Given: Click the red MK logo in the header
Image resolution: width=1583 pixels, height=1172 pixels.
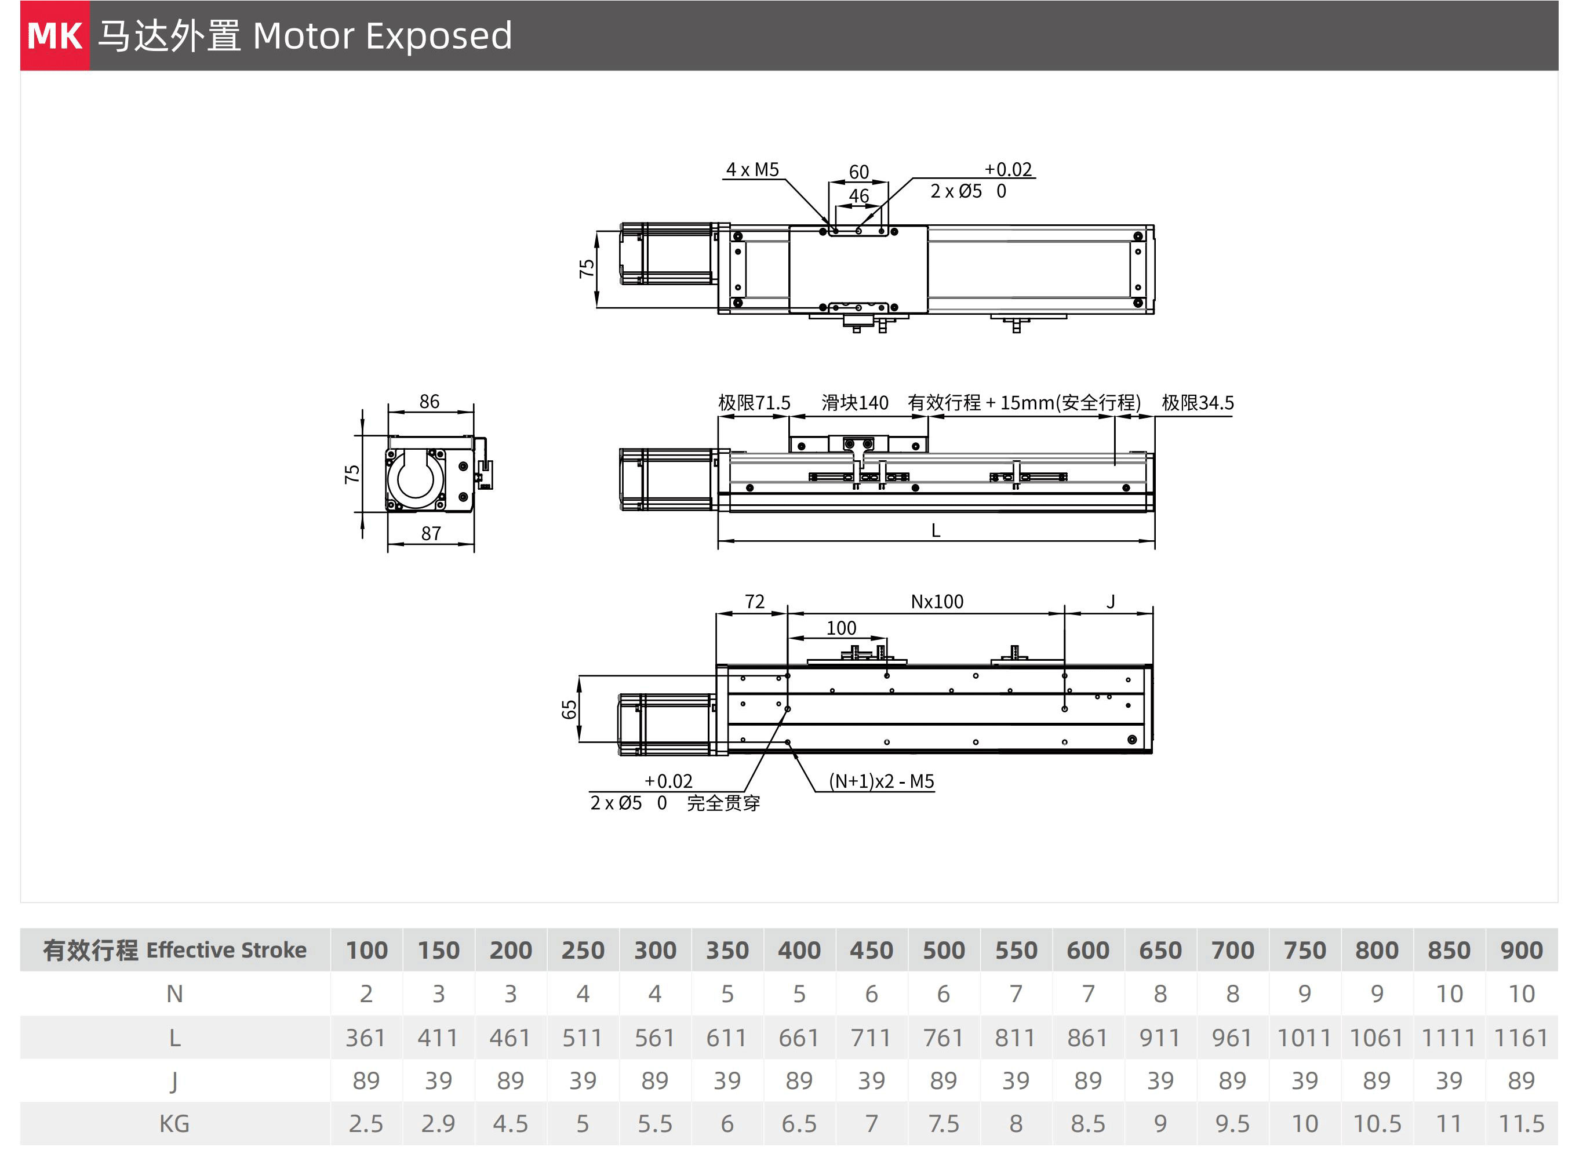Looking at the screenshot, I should click(54, 35).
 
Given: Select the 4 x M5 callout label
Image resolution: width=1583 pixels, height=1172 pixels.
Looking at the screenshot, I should click(752, 170).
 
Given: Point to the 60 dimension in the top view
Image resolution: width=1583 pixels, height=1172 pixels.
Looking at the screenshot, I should click(858, 172).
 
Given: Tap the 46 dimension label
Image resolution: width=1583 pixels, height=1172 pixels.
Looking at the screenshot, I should click(858, 196).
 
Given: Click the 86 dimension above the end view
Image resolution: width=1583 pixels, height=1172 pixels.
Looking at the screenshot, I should click(430, 402).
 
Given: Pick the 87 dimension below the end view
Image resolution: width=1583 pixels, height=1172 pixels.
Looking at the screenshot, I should click(431, 533).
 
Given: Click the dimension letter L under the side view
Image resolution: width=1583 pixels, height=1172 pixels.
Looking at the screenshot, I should click(935, 531).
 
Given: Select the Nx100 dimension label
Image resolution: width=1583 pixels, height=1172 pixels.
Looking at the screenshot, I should click(937, 602).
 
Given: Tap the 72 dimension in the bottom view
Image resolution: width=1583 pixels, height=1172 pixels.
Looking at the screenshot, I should click(754, 602).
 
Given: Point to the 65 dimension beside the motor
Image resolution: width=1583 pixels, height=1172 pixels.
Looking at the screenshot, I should click(569, 709).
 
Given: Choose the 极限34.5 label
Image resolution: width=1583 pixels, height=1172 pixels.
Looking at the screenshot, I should click(1197, 403).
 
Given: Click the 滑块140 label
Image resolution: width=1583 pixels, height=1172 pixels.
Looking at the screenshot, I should click(854, 403).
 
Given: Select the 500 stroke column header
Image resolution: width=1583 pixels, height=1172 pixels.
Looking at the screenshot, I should click(944, 950).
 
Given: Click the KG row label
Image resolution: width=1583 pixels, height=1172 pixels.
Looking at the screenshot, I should click(174, 1124).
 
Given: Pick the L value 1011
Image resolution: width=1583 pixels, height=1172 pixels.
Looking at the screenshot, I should click(1304, 1038).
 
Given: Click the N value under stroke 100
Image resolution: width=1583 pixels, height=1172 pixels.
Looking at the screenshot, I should click(366, 994).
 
